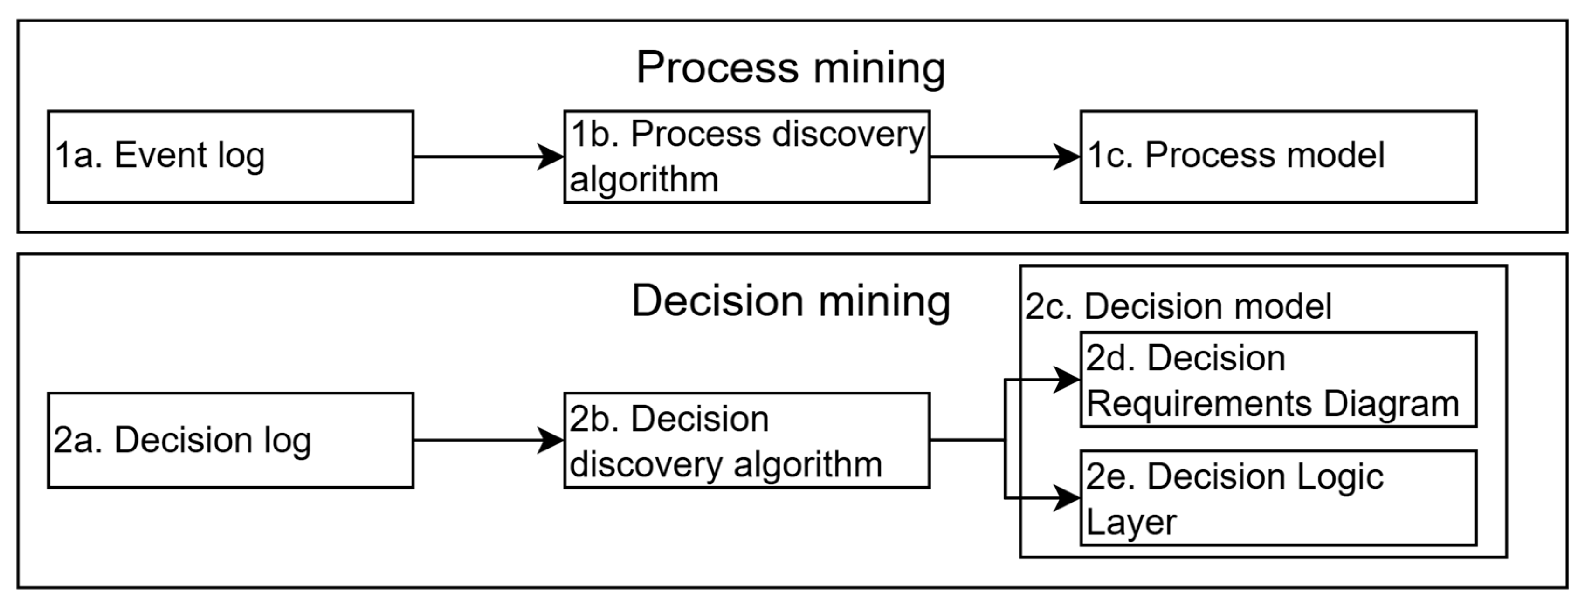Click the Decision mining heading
(791, 301)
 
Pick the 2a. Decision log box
(231, 440)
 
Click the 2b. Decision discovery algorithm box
(746, 440)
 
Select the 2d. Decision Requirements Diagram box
(1278, 380)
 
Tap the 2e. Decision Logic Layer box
(1278, 498)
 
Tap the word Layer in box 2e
(1131, 523)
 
